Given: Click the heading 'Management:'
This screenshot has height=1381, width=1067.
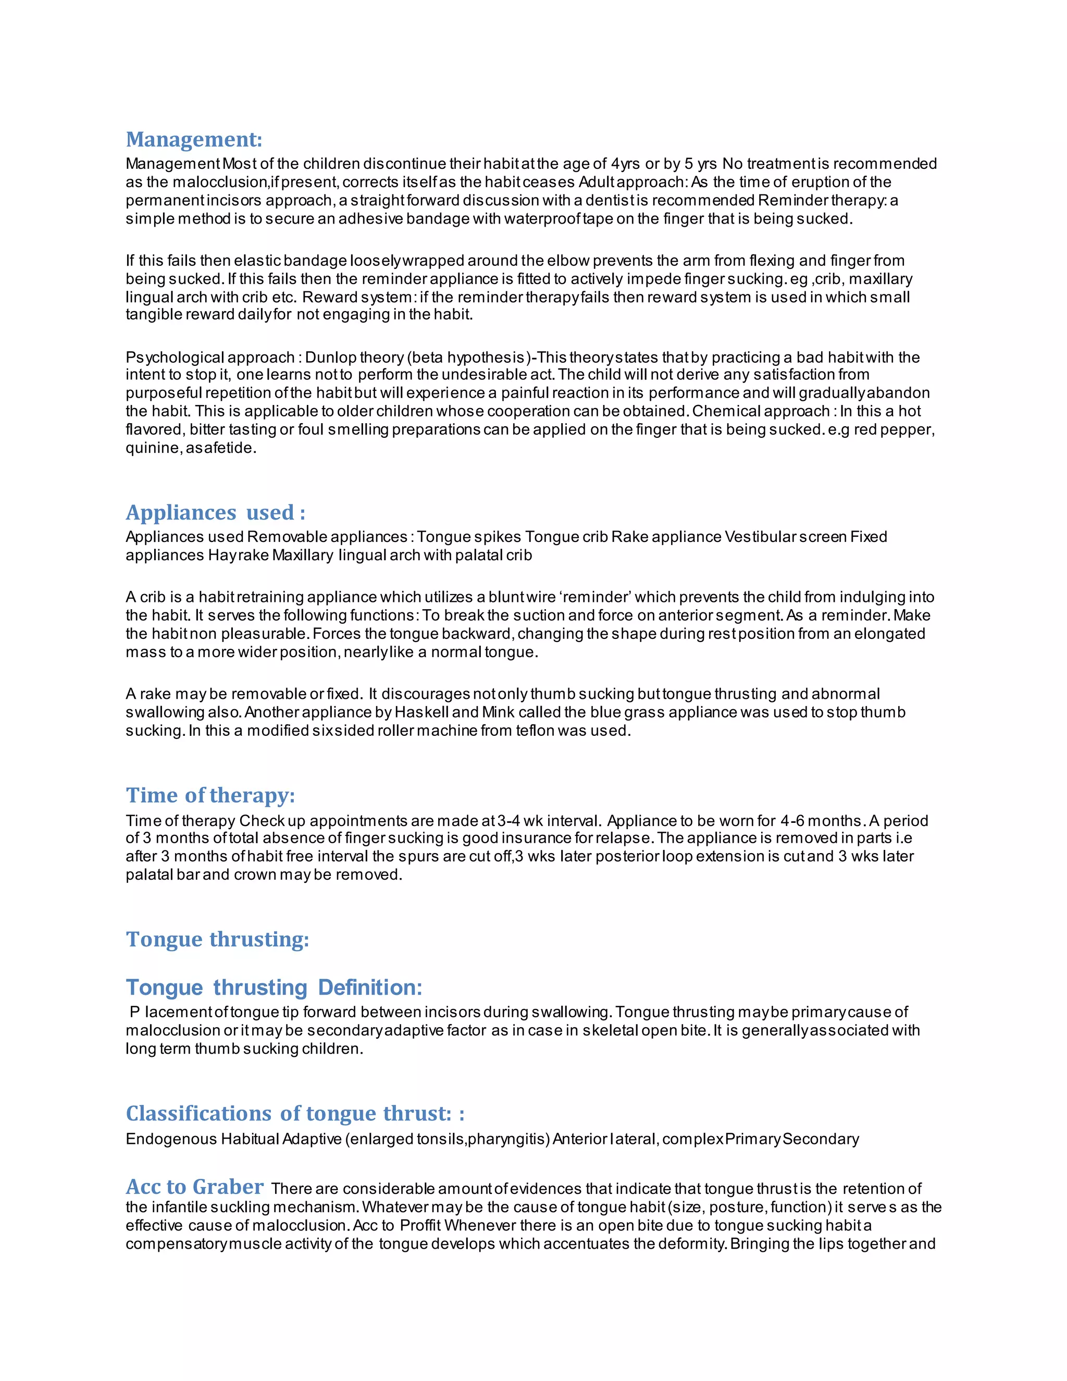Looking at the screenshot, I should point(193,139).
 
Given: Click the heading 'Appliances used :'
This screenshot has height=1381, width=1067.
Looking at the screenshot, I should point(215,512).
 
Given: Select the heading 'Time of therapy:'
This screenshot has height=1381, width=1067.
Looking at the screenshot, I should point(210,795).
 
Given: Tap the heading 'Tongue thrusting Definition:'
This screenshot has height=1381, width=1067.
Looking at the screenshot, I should point(273,987).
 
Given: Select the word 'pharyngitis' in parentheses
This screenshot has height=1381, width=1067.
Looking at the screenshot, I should point(506,1139).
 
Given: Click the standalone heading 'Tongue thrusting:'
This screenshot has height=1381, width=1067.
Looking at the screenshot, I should point(217,939).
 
